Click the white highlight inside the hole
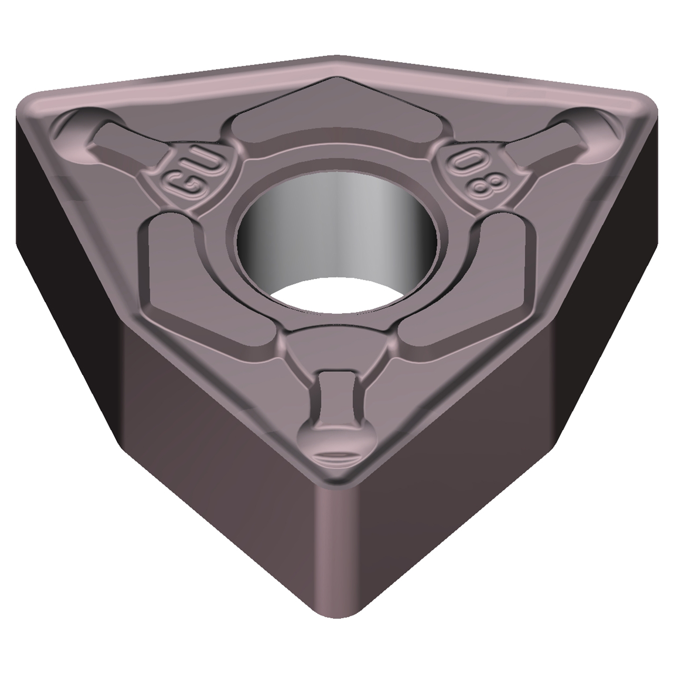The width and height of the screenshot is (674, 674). pos(337,295)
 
